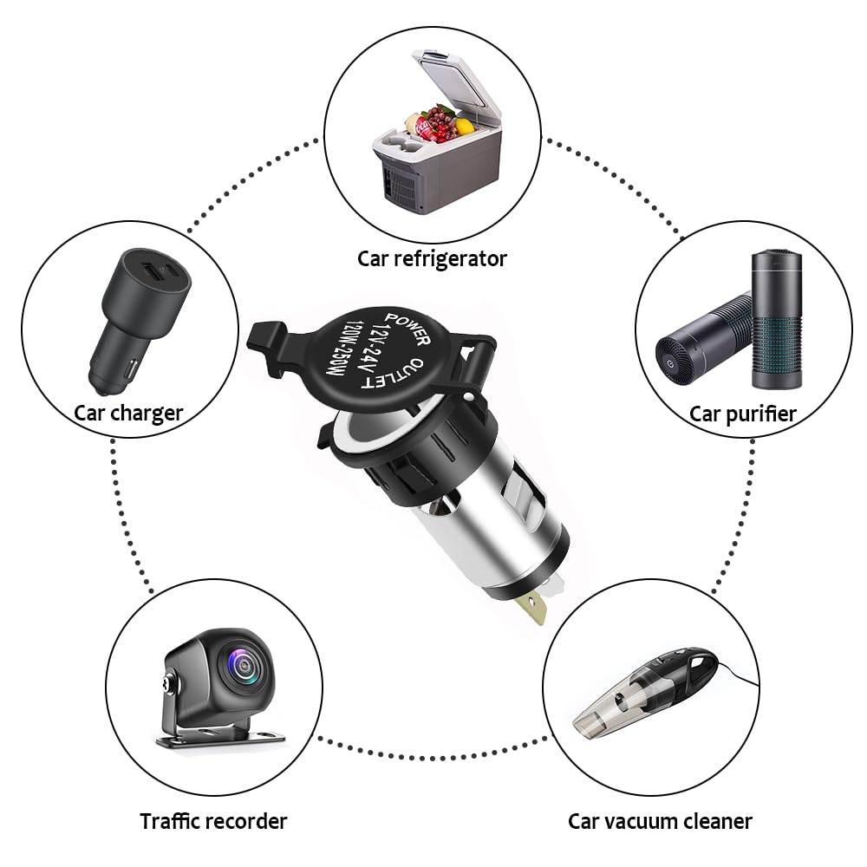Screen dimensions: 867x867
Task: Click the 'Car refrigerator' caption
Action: click(x=432, y=258)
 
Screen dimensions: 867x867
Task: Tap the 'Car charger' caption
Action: click(x=128, y=413)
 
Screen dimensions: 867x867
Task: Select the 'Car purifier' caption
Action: click(x=742, y=414)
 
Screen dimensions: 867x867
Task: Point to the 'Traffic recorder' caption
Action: click(x=213, y=820)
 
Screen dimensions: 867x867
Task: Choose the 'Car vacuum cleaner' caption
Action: click(x=660, y=821)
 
